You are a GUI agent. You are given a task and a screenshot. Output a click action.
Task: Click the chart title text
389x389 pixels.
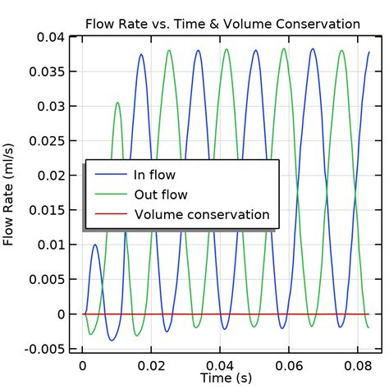(222, 24)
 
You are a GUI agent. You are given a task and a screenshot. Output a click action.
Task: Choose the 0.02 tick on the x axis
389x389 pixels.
(151, 364)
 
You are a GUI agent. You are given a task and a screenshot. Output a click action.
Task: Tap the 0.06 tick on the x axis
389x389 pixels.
(288, 364)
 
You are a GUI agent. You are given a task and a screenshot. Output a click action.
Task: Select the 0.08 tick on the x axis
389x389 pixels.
(356, 364)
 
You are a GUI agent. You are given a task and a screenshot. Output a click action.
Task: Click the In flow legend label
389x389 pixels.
(154, 175)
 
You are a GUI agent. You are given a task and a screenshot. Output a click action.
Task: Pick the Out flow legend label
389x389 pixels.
(161, 194)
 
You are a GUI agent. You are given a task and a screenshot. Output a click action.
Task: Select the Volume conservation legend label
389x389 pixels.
(202, 214)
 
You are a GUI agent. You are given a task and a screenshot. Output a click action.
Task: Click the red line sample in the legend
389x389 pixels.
(111, 215)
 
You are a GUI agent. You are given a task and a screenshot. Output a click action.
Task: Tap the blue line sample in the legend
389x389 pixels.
(111, 175)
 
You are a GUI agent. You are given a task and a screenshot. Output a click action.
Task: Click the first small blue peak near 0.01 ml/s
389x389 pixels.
(95, 245)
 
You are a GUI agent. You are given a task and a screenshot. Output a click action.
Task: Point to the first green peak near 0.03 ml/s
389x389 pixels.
(117, 103)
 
